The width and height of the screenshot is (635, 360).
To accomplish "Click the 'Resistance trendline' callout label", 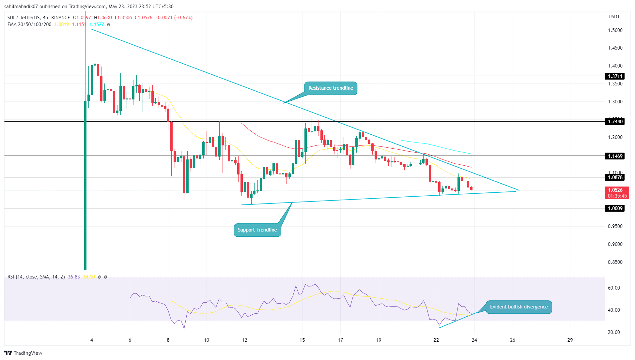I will coord(331,88).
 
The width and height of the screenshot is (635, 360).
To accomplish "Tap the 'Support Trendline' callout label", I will coord(257,230).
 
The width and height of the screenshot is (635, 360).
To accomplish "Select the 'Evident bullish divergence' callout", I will coord(519,307).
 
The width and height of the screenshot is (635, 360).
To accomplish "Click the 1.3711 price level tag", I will coord(615,76).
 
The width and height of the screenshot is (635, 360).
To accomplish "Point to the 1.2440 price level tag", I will coord(615,122).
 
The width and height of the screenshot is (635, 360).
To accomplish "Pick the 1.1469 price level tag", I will coord(615,156).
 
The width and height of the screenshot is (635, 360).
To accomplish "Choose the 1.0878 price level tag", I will coord(615,177).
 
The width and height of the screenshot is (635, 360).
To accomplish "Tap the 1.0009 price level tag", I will coord(615,208).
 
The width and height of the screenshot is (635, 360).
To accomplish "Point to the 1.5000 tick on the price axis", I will coord(615,30).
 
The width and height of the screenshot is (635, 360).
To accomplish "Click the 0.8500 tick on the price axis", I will coord(615,262).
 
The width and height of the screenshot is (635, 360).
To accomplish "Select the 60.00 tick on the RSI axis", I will coord(613,288).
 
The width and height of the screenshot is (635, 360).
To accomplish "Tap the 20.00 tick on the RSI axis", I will coord(613,332).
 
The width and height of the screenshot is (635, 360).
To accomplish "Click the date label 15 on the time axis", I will coord(302,340).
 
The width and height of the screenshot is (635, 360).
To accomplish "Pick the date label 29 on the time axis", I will coord(570,340).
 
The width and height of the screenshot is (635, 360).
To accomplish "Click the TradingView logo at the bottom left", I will coord(23,353).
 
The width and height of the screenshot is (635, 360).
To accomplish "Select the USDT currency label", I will coord(614,17).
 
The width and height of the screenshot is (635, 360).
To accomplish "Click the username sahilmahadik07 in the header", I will coord(21,7).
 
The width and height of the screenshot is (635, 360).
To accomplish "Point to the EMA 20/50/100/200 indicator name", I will coord(29,24).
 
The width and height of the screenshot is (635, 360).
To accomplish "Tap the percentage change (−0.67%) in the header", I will coord(183,18).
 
